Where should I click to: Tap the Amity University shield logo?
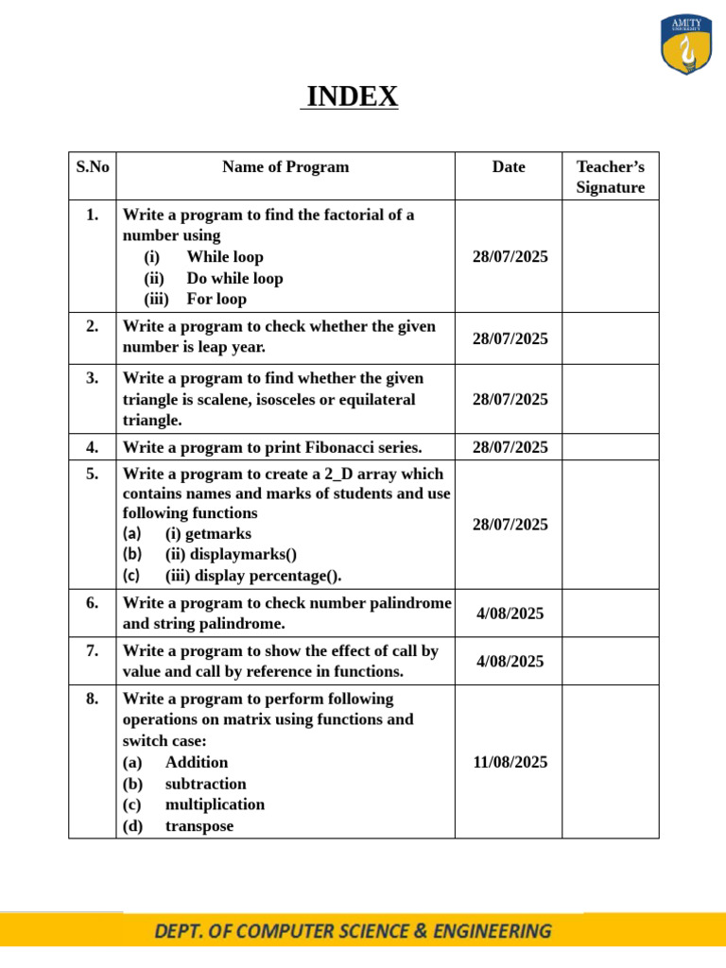point(687,45)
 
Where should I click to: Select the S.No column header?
point(92,167)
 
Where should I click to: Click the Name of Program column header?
point(285,167)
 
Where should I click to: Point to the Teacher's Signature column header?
point(611,177)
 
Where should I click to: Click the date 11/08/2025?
point(510,762)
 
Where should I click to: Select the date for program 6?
point(510,614)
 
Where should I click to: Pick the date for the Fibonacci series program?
point(510,447)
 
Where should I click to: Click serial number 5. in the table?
point(92,474)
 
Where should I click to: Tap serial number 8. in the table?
point(92,699)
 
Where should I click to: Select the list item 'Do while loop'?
point(234,278)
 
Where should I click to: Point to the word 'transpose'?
point(199,825)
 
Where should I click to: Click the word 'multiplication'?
point(215,804)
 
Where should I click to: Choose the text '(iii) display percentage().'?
point(253,576)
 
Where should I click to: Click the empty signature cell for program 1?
point(611,257)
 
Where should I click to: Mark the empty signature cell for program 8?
point(611,762)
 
